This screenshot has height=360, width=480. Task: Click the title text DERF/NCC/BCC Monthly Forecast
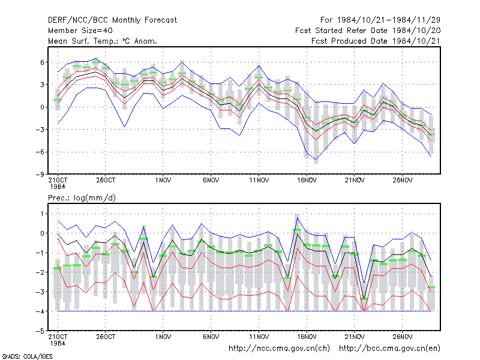tap(112, 20)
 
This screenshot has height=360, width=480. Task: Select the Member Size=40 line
tap(80, 31)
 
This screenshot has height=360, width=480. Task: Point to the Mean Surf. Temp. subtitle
tap(102, 41)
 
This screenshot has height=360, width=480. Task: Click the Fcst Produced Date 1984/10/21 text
tap(376, 41)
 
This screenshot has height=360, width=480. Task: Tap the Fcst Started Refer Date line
tap(368, 31)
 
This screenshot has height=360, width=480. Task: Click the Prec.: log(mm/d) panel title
tap(82, 198)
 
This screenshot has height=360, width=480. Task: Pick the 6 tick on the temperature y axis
tap(42, 62)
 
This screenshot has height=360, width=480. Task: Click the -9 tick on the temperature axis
tap(40, 174)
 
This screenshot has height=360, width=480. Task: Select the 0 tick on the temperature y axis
tap(42, 107)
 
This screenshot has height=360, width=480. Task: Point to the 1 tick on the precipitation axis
tap(42, 214)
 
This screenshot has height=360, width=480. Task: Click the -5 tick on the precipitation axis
tap(40, 331)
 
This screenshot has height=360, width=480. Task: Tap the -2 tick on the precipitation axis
tap(40, 272)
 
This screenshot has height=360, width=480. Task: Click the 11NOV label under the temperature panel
tap(259, 181)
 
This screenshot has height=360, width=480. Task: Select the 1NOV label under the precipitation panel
tap(163, 337)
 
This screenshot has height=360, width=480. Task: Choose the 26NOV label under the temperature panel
tap(403, 181)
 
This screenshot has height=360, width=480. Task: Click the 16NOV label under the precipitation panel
tap(307, 337)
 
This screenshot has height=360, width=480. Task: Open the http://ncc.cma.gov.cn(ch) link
tap(279, 349)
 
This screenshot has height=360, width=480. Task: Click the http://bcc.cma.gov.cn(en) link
tap(389, 349)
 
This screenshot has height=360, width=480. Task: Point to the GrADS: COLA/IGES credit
tap(27, 356)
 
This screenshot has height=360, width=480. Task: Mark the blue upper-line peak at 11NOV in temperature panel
tap(259, 65)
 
